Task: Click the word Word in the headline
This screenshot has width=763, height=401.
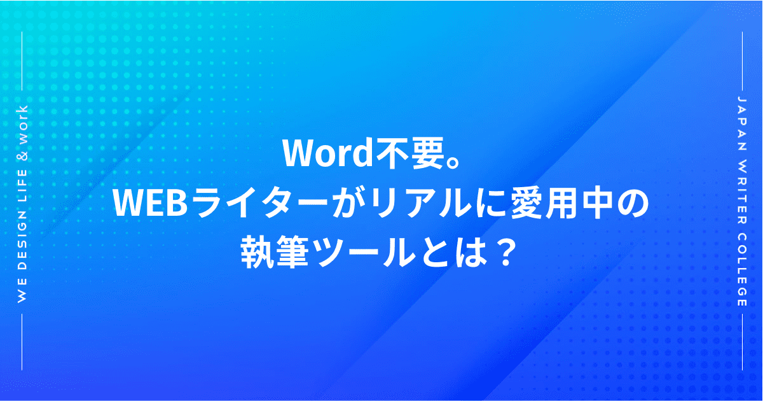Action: [x=329, y=153]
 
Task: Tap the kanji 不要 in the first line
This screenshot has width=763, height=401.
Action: [x=409, y=153]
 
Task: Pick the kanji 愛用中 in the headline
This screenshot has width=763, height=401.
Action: [x=559, y=203]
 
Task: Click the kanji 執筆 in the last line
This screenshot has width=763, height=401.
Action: [x=275, y=253]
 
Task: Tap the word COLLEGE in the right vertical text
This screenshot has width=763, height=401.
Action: [x=741, y=269]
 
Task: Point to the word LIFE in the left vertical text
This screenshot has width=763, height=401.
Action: [x=22, y=186]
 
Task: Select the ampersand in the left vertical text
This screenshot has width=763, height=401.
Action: [x=22, y=155]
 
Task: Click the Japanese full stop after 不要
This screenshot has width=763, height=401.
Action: [x=452, y=161]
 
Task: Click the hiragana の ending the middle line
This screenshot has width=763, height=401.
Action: [x=630, y=204]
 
